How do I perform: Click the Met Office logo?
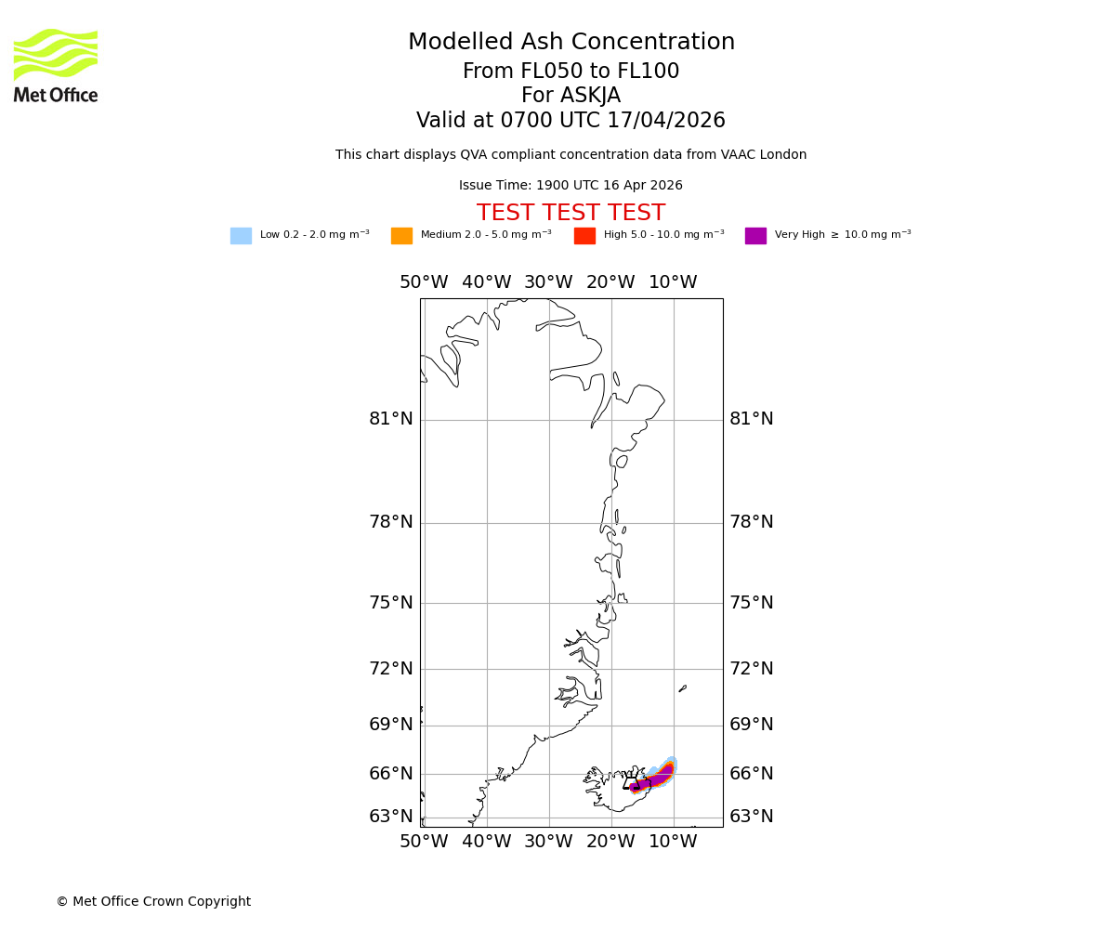56,65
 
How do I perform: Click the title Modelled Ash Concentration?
571,43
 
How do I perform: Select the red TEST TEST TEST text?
571,214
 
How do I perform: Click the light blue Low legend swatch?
241,236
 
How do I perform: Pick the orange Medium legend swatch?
401,236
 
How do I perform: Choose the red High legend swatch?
584,236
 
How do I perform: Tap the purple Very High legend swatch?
755,236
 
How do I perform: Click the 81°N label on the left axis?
391,419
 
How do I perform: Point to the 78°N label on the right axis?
751,522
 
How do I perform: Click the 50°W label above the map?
424,282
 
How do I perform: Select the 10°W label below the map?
673,842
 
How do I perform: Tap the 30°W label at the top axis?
548,282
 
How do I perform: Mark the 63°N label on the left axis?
391,817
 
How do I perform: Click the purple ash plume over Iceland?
653,780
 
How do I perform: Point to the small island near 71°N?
683,688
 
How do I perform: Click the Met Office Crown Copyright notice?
153,902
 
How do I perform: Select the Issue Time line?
571,186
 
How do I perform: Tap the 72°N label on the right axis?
751,669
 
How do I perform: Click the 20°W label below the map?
610,842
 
